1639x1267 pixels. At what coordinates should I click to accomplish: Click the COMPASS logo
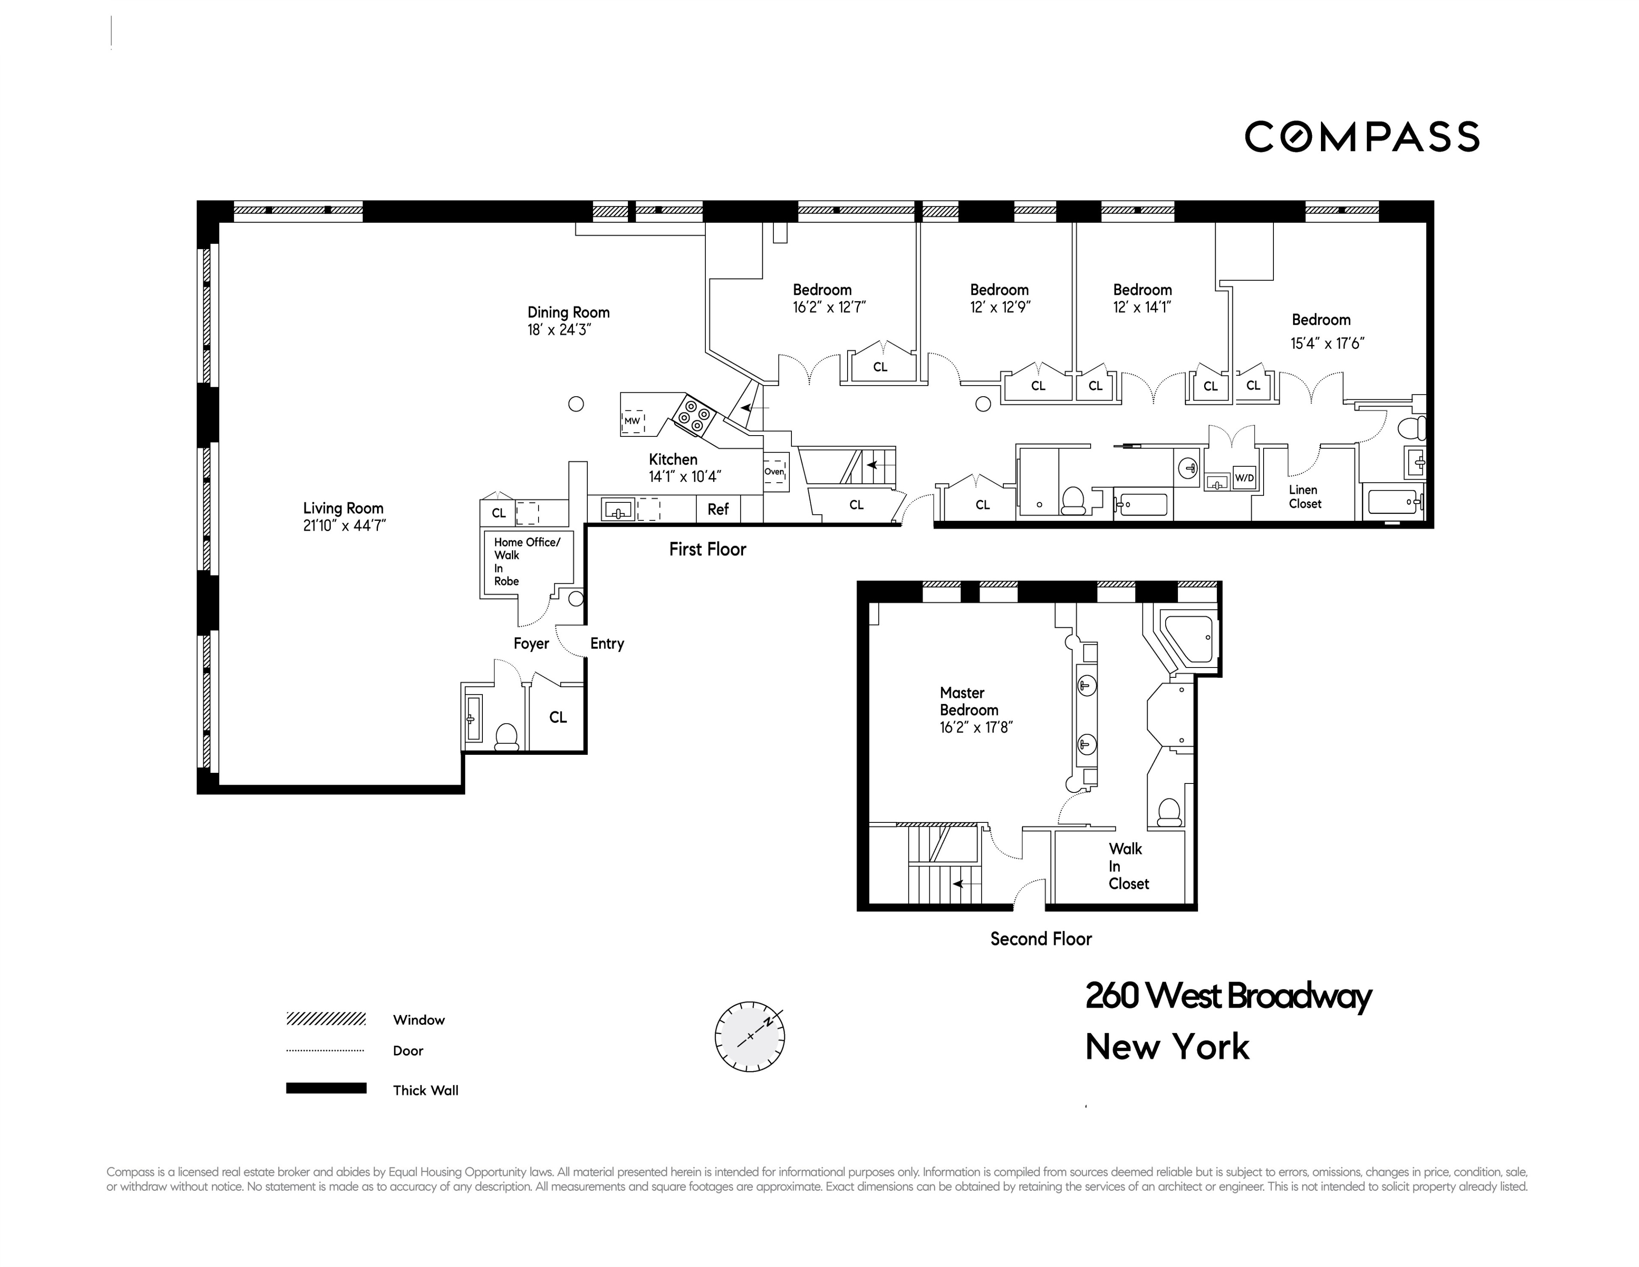coord(1361,136)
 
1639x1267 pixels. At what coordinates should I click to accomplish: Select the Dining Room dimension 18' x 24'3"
coord(559,330)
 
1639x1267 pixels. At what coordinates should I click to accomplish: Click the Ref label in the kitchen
coord(717,509)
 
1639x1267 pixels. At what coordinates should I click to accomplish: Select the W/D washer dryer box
coord(1243,477)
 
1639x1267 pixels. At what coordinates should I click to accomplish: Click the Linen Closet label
coord(1304,497)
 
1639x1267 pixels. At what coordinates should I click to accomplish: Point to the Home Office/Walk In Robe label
coord(525,561)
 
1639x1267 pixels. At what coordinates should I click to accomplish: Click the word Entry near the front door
coord(607,644)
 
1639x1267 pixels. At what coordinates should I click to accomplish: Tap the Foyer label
coord(531,644)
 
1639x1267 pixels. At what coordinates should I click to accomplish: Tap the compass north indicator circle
coord(750,1036)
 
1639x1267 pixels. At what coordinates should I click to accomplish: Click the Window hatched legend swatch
coord(326,1019)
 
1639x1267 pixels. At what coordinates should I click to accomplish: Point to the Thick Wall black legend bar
coord(326,1089)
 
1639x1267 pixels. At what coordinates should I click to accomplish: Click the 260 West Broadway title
coord(1228,996)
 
